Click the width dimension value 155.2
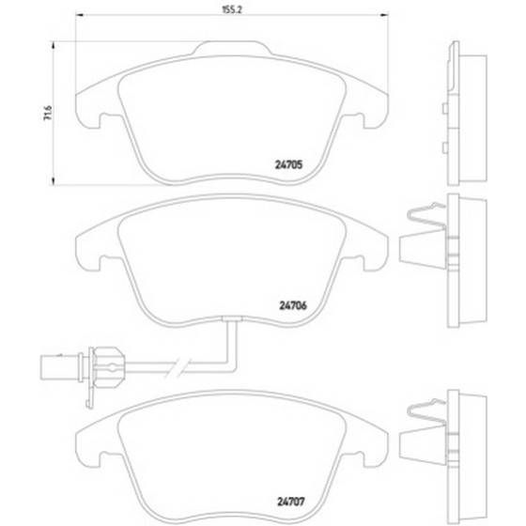coord(232,9)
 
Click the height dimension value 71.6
coord(48,113)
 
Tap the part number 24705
coord(289,164)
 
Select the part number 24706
coord(293,305)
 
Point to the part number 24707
coord(291,502)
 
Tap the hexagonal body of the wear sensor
coord(108,367)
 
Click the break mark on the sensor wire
coord(178,367)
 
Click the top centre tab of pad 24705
coord(232,48)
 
